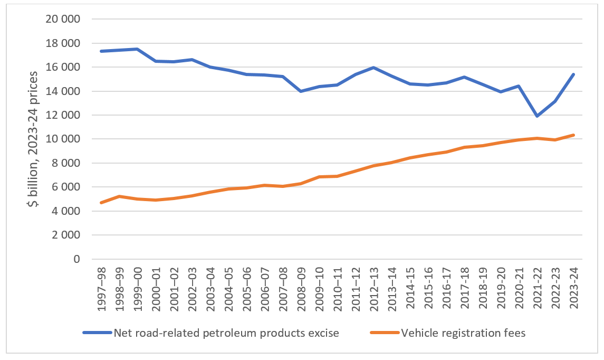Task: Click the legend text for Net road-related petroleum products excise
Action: [x=226, y=333]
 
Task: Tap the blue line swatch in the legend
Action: [x=97, y=333]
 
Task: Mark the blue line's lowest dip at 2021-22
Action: [x=537, y=116]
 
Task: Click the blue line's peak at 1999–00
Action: [x=137, y=49]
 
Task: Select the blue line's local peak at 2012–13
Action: [x=373, y=68]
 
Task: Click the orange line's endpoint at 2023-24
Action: [x=573, y=135]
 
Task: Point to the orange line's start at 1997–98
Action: [x=100, y=203]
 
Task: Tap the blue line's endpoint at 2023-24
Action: [x=573, y=74]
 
